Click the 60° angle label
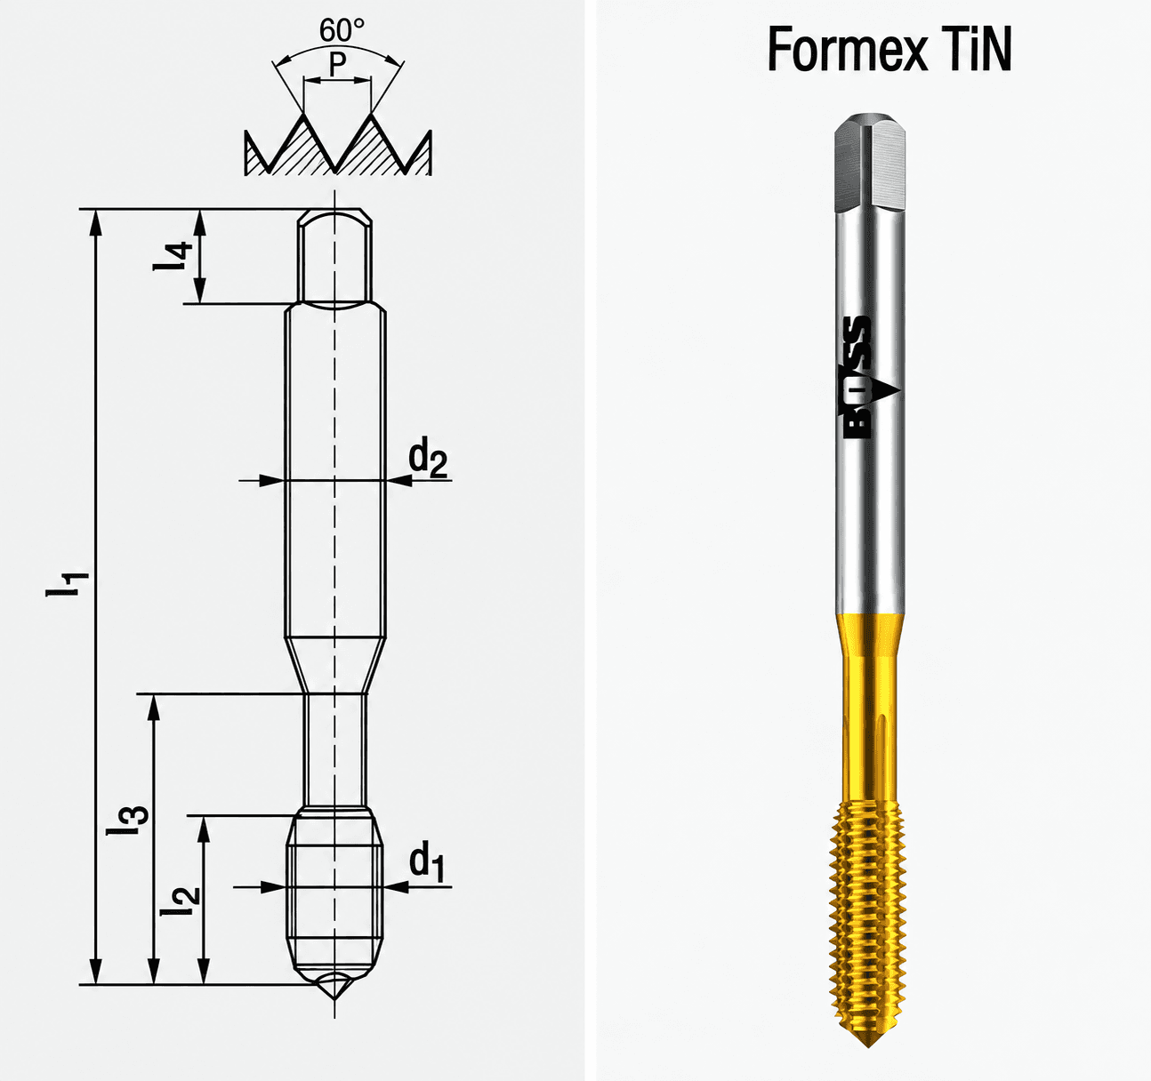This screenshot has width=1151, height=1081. (x=342, y=31)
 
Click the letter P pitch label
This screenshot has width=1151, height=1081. (x=338, y=64)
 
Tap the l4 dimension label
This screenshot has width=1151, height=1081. (x=173, y=256)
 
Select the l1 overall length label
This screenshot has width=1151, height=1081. (x=68, y=584)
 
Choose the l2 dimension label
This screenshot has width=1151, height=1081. (x=181, y=901)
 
